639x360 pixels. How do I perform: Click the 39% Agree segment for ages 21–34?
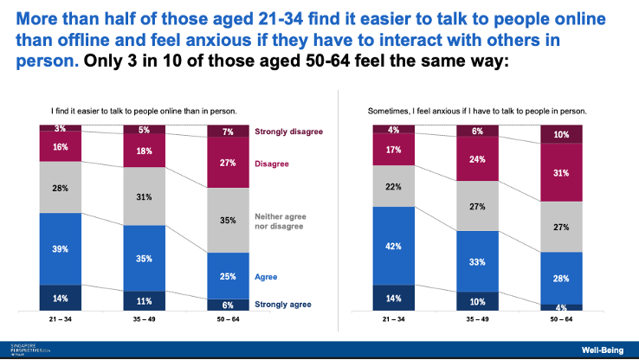pyautogui.click(x=60, y=248)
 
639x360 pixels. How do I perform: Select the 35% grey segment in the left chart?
pyautogui.click(x=229, y=221)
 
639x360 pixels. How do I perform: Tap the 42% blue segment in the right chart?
pyautogui.click(x=394, y=246)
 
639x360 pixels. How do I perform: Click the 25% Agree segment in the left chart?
pyautogui.click(x=229, y=275)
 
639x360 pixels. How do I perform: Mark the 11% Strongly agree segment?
pyautogui.click(x=145, y=301)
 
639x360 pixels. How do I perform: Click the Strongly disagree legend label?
pyautogui.click(x=288, y=132)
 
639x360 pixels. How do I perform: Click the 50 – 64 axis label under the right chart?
pyautogui.click(x=562, y=318)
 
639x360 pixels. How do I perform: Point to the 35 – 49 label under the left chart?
pyautogui.click(x=145, y=318)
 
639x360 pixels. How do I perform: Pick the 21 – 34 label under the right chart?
pyautogui.click(x=394, y=318)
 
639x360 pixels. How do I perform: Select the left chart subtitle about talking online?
pyautogui.click(x=144, y=111)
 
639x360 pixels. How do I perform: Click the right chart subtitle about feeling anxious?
pyautogui.click(x=477, y=111)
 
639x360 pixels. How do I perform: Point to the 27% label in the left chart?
pyautogui.click(x=229, y=162)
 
